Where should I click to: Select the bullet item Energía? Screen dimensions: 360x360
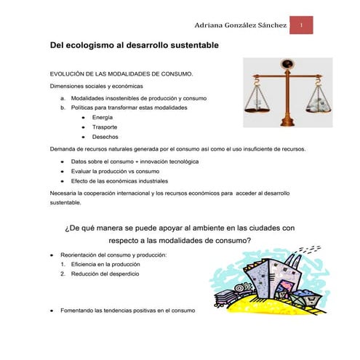[x=103, y=117]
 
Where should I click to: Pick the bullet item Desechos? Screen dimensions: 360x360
[x=105, y=137]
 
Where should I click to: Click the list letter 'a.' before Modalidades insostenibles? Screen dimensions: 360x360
[x=63, y=97]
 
